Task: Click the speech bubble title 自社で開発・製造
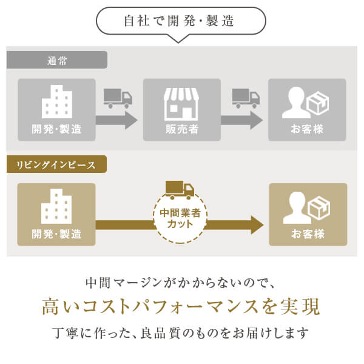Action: pos(181,21)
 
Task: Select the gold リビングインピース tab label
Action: pos(56,164)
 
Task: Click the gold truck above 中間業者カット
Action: pos(179,190)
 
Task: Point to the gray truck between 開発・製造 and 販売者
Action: pos(117,98)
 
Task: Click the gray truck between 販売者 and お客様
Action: pos(246,98)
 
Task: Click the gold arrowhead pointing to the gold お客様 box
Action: pos(256,224)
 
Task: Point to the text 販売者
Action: pos(182,129)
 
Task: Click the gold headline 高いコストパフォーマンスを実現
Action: pos(181,306)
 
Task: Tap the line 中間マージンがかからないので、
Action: pos(181,282)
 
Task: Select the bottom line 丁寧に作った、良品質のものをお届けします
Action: pos(181,333)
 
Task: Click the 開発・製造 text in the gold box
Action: pos(57,234)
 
